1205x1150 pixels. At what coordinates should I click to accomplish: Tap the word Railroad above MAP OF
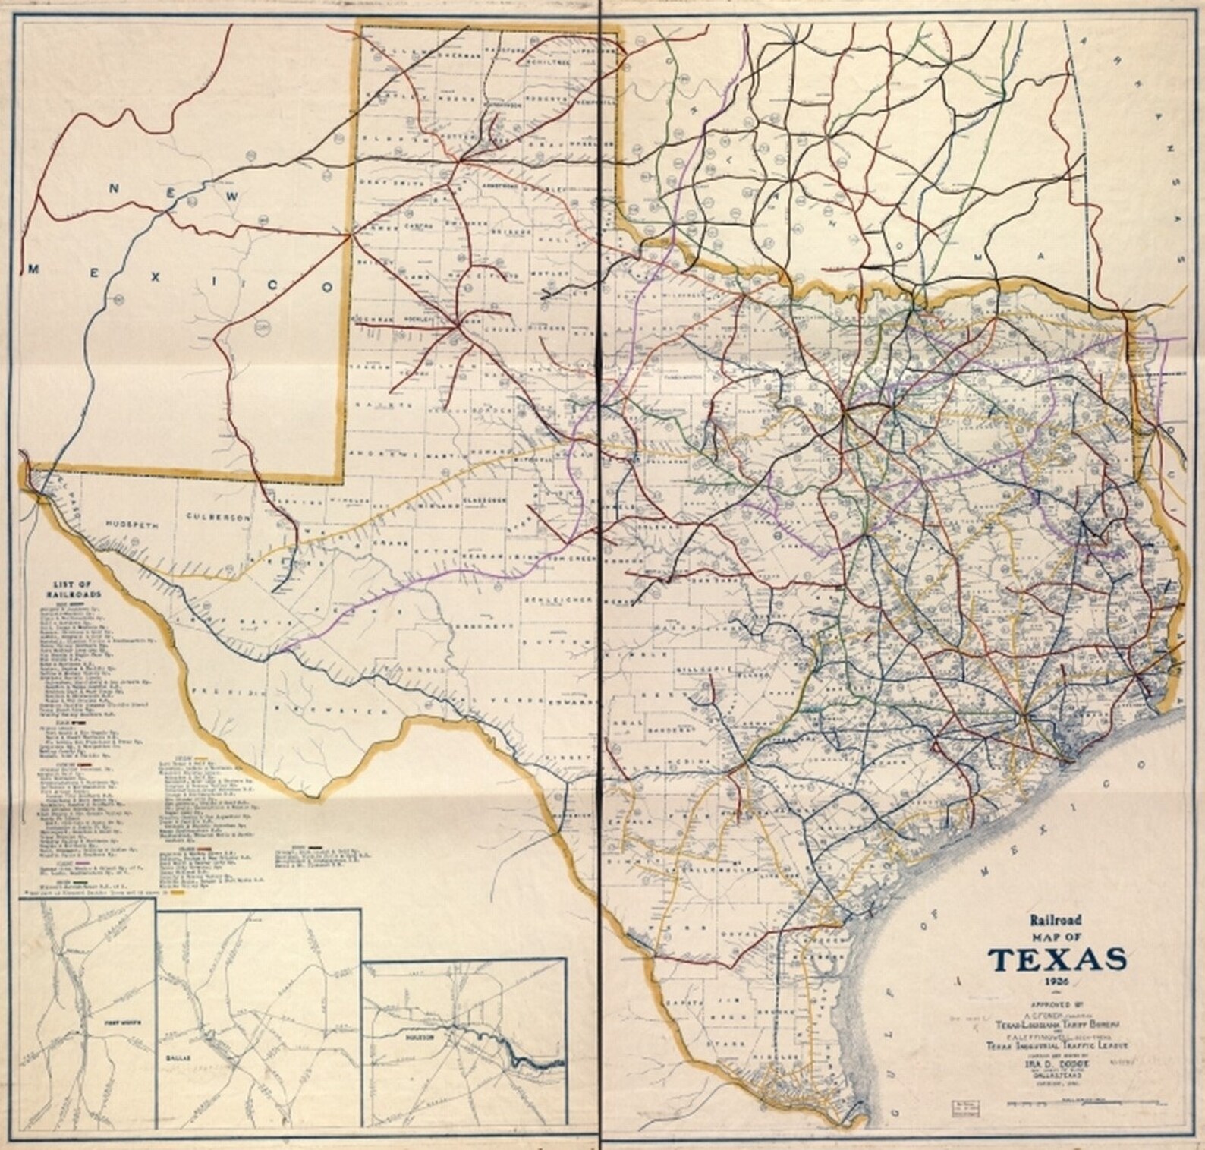tap(1056, 921)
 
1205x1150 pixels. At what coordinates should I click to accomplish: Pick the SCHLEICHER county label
tap(559, 597)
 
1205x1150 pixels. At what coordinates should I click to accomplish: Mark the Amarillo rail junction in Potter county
tap(460, 160)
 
